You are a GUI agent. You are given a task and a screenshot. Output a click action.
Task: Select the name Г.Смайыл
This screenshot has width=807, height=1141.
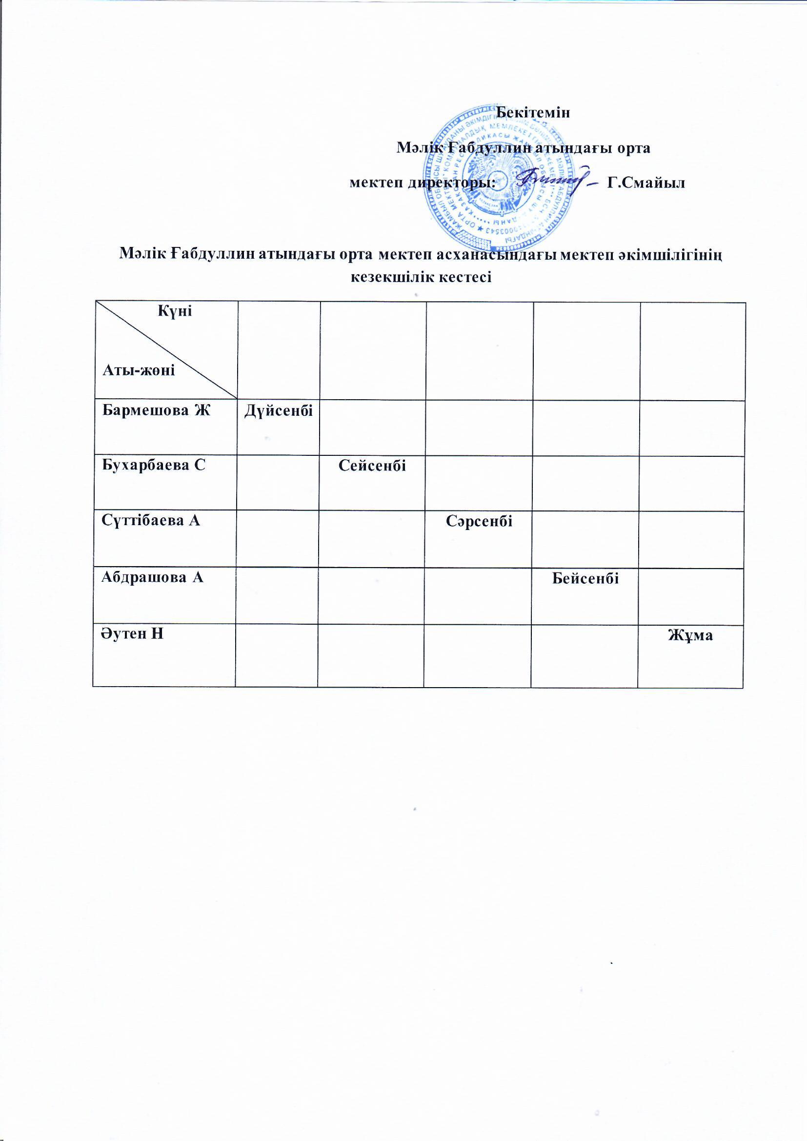pyautogui.click(x=646, y=183)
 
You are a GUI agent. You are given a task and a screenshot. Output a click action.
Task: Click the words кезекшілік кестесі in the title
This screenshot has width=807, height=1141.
pyautogui.click(x=421, y=277)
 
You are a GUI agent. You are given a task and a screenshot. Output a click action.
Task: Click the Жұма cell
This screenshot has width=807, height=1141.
pyautogui.click(x=690, y=635)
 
